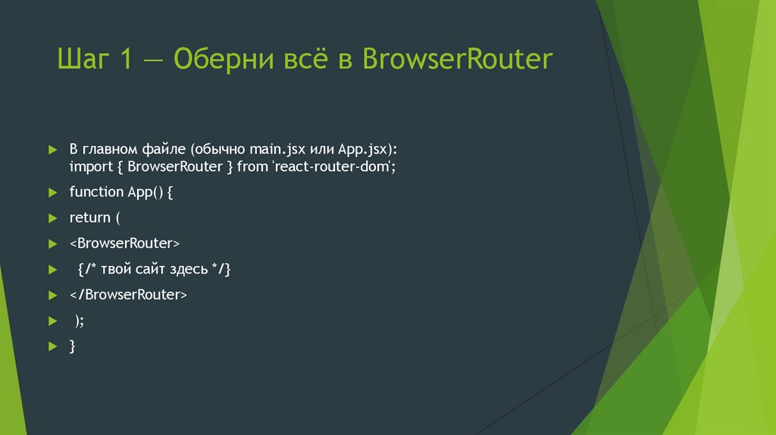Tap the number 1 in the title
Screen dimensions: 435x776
[x=125, y=60]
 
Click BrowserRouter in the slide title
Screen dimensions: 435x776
[x=458, y=60]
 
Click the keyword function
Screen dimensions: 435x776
[x=96, y=192]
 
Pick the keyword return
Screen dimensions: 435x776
[x=89, y=217]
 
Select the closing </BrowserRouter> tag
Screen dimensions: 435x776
[x=127, y=295]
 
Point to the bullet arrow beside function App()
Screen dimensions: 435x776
[x=52, y=192]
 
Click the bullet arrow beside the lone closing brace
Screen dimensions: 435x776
[x=52, y=346]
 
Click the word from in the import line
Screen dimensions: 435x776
[x=252, y=166]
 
